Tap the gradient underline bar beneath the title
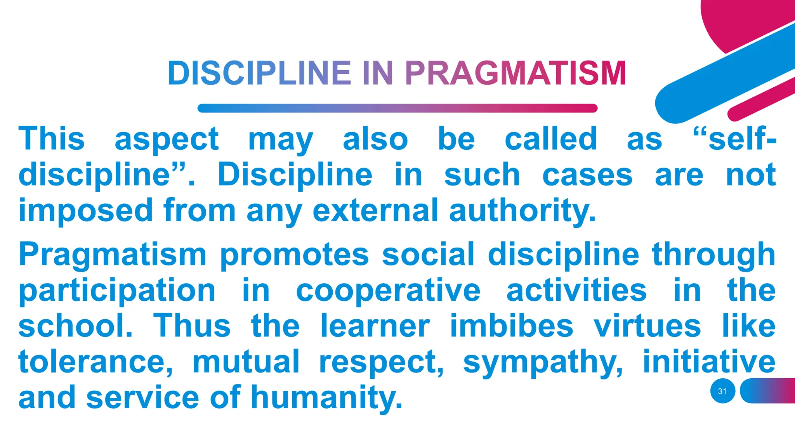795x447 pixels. (x=397, y=108)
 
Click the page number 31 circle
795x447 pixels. (x=722, y=391)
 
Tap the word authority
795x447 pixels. (x=522, y=210)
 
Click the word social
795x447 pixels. (x=428, y=255)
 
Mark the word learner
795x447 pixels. (x=375, y=326)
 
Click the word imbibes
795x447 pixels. (x=512, y=326)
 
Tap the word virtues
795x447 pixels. (x=647, y=326)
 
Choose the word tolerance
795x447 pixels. (x=95, y=362)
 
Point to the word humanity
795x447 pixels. (x=326, y=397)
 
